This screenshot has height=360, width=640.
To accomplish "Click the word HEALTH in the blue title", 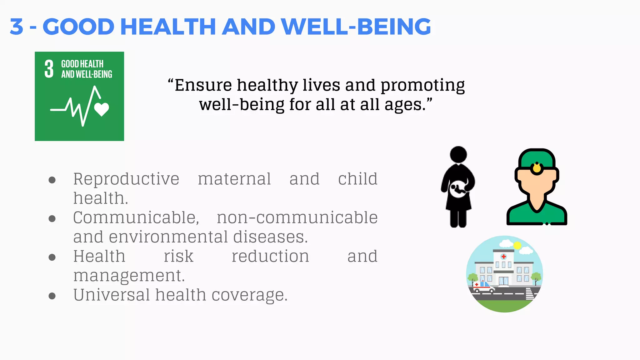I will click(168, 27).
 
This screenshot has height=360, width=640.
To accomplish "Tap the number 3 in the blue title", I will click(17, 27).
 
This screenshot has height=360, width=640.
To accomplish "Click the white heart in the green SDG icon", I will click(102, 109).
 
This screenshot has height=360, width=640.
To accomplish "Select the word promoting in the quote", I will click(422, 85).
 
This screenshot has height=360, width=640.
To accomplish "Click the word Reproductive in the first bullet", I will click(126, 179).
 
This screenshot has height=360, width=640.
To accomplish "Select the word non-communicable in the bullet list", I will click(297, 218).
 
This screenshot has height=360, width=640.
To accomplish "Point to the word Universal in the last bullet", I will click(112, 295).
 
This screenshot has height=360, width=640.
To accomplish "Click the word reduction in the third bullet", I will click(270, 257).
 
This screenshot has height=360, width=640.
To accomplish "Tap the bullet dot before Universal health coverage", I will click(52, 296).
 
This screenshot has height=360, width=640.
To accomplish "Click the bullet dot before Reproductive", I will click(52, 180).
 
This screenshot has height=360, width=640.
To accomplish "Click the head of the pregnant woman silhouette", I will click(458, 154).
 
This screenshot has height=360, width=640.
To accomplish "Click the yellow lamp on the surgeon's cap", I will click(537, 168).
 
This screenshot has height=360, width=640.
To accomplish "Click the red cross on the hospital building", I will click(503, 257).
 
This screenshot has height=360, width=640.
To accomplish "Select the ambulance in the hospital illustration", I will click(483, 287).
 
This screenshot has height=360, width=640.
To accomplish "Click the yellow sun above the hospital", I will click(517, 245).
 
